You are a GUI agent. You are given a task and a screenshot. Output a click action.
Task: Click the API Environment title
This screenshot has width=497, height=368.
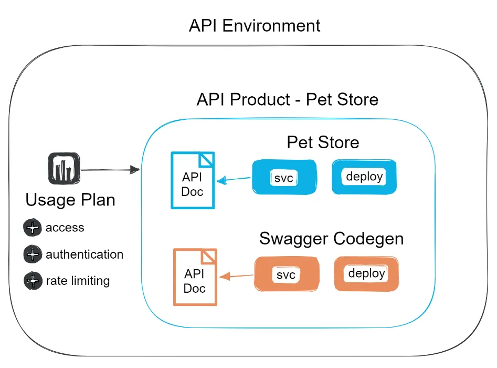pyautogui.click(x=255, y=25)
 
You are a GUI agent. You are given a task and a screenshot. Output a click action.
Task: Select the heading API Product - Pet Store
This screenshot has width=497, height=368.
pyautogui.click(x=288, y=99)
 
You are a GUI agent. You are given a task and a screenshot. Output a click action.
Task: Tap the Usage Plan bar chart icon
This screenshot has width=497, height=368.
pyautogui.click(x=64, y=168)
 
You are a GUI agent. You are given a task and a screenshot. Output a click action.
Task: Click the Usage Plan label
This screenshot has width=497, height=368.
pyautogui.click(x=70, y=200)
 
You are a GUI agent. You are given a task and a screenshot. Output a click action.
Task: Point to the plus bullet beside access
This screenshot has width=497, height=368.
pyautogui.click(x=33, y=227)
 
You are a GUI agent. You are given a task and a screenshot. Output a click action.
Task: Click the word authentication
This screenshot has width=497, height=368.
pyautogui.click(x=84, y=254)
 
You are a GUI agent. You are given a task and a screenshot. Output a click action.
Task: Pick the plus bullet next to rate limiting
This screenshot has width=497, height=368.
pyautogui.click(x=33, y=281)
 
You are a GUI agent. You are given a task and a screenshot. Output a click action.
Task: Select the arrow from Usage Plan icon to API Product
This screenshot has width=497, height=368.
pyautogui.click(x=110, y=170)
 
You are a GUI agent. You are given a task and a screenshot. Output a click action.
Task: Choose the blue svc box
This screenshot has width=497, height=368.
pyautogui.click(x=284, y=177)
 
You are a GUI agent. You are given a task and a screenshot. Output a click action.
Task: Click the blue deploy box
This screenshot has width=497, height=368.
pyautogui.click(x=364, y=177)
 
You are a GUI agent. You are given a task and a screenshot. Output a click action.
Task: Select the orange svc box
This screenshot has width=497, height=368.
pyautogui.click(x=287, y=274)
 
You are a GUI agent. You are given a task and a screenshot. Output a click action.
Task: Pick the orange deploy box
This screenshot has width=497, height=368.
pyautogui.click(x=366, y=274)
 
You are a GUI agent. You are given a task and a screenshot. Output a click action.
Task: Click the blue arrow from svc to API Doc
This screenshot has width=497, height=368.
pyautogui.click(x=234, y=180)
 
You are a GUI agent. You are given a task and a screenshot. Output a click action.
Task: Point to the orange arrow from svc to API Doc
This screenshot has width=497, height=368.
pyautogui.click(x=237, y=276)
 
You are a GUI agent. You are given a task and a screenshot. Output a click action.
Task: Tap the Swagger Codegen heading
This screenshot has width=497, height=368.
pyautogui.click(x=332, y=239)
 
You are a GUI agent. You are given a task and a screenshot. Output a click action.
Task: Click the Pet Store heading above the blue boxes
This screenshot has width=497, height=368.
pyautogui.click(x=323, y=142)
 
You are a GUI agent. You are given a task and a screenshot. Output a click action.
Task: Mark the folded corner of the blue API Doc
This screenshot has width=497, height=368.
pyautogui.click(x=206, y=159)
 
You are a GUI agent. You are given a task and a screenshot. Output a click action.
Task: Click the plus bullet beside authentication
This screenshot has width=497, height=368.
pyautogui.click(x=33, y=254)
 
